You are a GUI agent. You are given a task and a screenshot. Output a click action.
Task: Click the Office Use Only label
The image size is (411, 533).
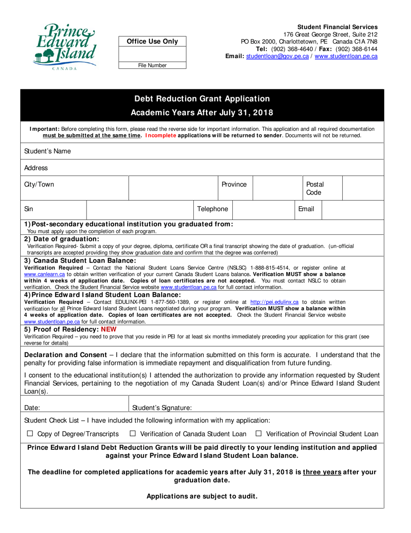[152, 41]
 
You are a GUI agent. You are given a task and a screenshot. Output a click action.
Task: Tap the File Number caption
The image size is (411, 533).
[152, 65]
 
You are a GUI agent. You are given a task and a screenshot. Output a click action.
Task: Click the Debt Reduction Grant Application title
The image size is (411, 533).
[202, 99]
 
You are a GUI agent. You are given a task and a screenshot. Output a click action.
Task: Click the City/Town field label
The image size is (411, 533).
[39, 185]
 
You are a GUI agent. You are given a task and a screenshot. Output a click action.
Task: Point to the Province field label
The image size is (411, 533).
[234, 185]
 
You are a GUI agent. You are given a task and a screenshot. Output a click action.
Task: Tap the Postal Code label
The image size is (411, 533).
[315, 188]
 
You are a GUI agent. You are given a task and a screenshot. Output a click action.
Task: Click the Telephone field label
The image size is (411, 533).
[212, 209]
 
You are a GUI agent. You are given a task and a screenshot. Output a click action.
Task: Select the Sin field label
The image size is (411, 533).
[29, 209]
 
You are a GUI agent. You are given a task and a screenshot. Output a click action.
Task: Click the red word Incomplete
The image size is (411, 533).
[161, 135]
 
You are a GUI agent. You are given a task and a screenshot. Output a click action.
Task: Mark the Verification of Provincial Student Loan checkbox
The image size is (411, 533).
[259, 434]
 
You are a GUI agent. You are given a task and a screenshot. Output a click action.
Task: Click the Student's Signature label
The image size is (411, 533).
[162, 407]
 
